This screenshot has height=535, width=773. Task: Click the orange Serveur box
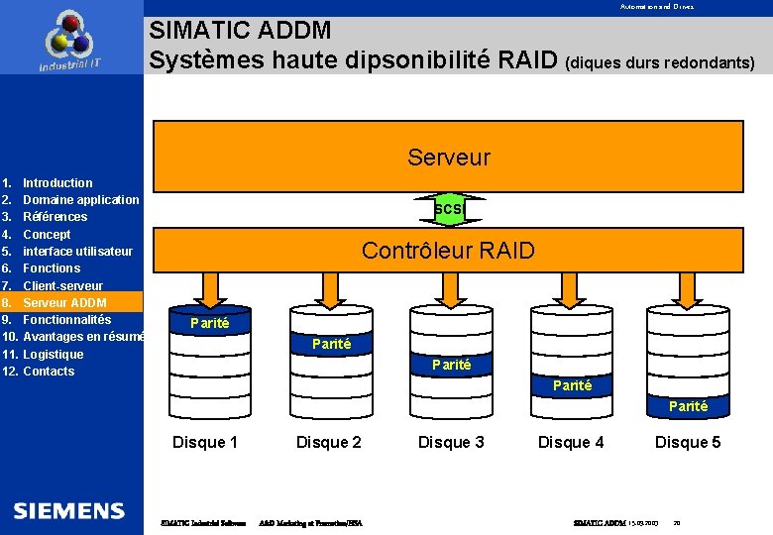(448, 157)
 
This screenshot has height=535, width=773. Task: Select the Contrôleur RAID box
(448, 251)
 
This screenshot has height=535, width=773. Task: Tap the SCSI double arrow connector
(449, 209)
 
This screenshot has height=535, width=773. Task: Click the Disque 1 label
(205, 442)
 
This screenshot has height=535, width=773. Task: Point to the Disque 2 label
(329, 442)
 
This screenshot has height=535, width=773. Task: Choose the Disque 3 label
(451, 442)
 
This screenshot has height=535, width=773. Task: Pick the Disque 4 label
(571, 442)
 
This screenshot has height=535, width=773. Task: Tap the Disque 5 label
(688, 442)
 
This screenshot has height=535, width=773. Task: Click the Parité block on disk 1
(209, 323)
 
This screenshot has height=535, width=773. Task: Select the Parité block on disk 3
(451, 365)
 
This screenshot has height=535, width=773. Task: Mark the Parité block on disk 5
(688, 406)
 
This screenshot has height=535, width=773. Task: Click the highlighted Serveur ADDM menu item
(64, 302)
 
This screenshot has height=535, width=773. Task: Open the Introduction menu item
(57, 182)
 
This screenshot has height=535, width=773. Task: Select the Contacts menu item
(49, 372)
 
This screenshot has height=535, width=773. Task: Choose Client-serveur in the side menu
(62, 285)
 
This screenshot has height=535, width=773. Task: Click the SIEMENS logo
(69, 511)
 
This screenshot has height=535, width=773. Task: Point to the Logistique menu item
(54, 354)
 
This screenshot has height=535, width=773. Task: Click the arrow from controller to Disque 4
(571, 287)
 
